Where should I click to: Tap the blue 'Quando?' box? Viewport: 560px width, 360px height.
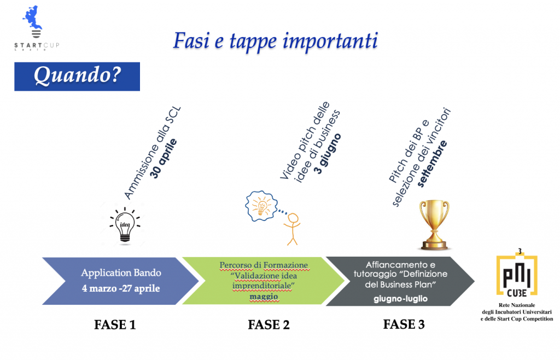pos(77,77)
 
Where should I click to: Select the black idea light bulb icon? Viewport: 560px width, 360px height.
pos(125,225)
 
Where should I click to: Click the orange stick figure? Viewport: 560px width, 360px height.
pos(293,229)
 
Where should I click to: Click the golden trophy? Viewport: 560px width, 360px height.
pos(434,225)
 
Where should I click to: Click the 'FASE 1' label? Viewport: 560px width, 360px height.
pos(115,324)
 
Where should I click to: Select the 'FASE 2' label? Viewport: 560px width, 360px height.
pos(269,324)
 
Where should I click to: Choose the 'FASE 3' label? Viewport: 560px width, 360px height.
pos(404,324)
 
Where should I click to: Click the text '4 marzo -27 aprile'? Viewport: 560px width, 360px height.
pos(121,288)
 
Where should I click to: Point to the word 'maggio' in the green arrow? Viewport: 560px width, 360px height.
pos(264,297)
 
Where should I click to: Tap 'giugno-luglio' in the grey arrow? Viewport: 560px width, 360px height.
pos(400,299)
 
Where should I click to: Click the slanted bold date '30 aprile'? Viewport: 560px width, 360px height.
pos(163,159)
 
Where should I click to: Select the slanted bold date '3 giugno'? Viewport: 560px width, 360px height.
pos(328,154)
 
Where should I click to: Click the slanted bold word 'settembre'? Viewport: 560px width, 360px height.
pos(432,164)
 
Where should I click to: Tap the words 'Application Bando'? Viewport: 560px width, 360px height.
pos(121,273)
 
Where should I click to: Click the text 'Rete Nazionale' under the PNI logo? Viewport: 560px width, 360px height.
pos(517,305)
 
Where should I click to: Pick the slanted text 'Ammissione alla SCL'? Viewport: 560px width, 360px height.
pos(153,153)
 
